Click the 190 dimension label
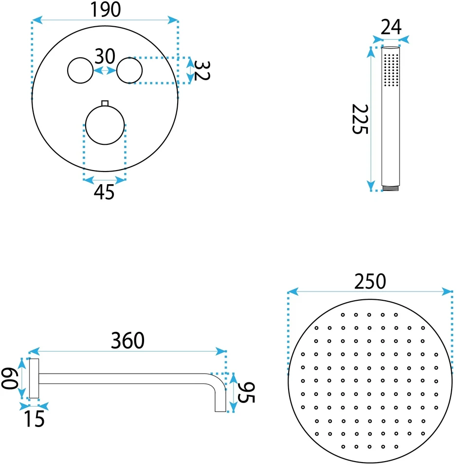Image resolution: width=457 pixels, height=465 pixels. pyautogui.click(x=106, y=10)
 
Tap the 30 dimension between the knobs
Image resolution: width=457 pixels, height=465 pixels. pyautogui.click(x=105, y=56)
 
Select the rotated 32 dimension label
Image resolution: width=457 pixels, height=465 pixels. pyautogui.click(x=202, y=70)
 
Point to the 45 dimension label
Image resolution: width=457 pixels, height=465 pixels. pyautogui.click(x=104, y=192)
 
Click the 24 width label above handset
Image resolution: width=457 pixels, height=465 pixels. pyautogui.click(x=391, y=27)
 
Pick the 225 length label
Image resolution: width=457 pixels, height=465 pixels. pyautogui.click(x=360, y=119)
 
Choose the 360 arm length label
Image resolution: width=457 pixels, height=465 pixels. pyautogui.click(x=128, y=341)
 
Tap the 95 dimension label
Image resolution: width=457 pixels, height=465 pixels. pyautogui.click(x=246, y=393)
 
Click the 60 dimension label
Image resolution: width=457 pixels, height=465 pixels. pyautogui.click(x=10, y=379)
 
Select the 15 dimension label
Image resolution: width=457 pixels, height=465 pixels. pyautogui.click(x=34, y=419)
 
